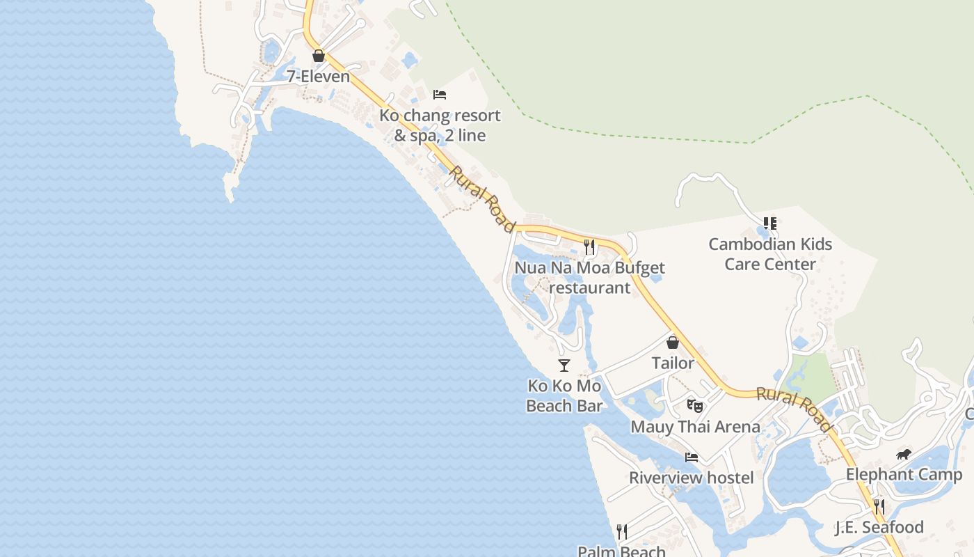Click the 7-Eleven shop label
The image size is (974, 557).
(x=319, y=76)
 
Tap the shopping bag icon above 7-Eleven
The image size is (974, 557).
(x=319, y=56)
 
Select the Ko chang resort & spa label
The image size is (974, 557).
(x=440, y=125)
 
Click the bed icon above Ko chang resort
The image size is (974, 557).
(x=440, y=95)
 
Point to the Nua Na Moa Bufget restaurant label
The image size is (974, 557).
(x=590, y=277)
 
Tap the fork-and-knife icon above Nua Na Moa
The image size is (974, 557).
(x=590, y=246)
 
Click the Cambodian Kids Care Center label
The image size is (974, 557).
(x=770, y=254)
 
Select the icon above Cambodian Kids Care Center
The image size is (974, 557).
(x=770, y=223)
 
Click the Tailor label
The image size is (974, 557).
(x=673, y=363)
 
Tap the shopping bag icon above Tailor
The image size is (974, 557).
(x=673, y=343)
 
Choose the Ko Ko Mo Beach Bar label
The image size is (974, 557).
(x=564, y=395)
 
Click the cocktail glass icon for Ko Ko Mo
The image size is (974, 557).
(x=564, y=365)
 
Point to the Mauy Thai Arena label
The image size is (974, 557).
(x=695, y=426)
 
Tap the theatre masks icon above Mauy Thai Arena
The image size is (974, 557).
(x=694, y=405)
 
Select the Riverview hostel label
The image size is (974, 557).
(x=692, y=478)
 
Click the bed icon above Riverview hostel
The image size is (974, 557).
(x=692, y=457)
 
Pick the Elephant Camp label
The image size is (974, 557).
(x=904, y=475)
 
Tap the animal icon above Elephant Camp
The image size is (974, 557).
(x=904, y=455)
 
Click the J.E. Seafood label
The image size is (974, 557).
(x=879, y=527)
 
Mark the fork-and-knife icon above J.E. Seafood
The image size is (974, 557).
(x=879, y=506)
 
